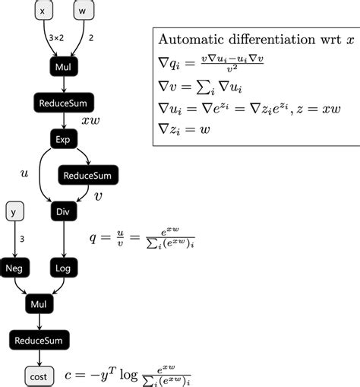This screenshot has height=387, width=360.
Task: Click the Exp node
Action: pyautogui.click(x=62, y=139)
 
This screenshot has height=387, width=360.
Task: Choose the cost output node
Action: pyautogui.click(x=39, y=376)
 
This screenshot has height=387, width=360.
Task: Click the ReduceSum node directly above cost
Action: pyautogui.click(x=39, y=340)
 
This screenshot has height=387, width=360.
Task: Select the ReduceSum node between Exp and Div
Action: pyautogui.click(x=87, y=176)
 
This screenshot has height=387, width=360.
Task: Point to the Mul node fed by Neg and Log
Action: pyautogui.click(x=39, y=304)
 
